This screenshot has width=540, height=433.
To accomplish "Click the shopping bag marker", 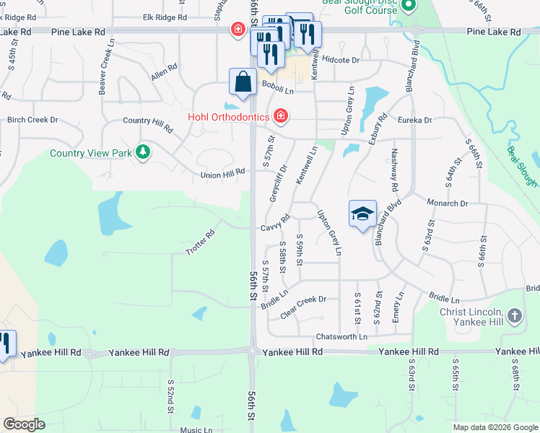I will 243,82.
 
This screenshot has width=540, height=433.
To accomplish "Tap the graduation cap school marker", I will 362,214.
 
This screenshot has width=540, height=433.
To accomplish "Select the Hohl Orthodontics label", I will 228,116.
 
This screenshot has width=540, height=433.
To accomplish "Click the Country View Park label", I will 91,153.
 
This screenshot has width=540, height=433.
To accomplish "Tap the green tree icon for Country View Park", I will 143,152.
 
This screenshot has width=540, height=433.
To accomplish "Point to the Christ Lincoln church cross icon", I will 514,315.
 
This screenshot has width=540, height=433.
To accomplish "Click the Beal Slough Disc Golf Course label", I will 361,6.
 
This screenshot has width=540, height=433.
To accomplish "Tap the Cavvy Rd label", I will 275,223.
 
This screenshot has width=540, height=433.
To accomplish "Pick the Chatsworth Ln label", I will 341,337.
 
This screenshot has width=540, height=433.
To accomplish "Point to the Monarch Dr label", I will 448,204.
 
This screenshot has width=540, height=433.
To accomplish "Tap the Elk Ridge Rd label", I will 165,16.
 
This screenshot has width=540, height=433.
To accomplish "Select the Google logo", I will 24,424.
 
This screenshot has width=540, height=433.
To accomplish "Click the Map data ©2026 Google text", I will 495,427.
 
